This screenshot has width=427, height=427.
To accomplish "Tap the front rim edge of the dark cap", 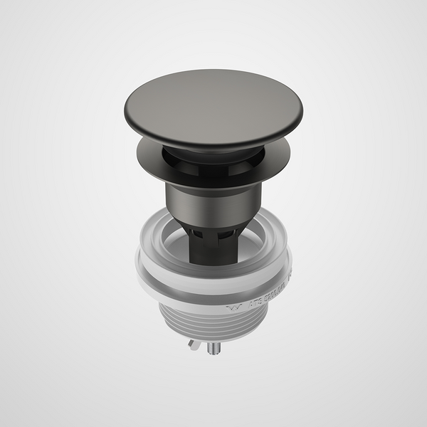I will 213,145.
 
